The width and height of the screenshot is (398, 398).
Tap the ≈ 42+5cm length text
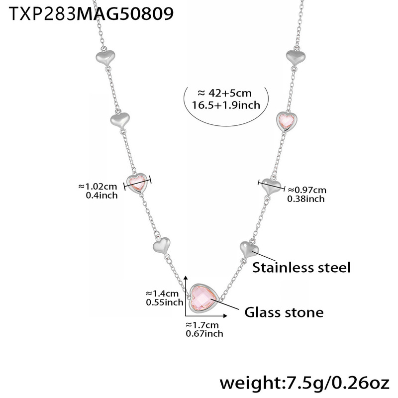225,93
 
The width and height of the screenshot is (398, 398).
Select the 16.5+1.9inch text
225,104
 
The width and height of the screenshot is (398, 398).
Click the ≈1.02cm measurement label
98,187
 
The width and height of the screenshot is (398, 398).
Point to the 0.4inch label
101,195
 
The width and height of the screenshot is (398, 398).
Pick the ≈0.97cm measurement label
306,190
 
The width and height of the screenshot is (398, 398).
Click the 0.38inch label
306,199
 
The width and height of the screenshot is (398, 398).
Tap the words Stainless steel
301,267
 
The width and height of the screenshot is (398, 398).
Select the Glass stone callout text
284,312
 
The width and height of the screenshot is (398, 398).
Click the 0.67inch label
204,333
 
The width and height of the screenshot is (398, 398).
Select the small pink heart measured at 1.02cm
137,183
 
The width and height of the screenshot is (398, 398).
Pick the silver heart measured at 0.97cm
271,187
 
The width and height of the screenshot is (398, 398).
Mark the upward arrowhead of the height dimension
186,278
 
